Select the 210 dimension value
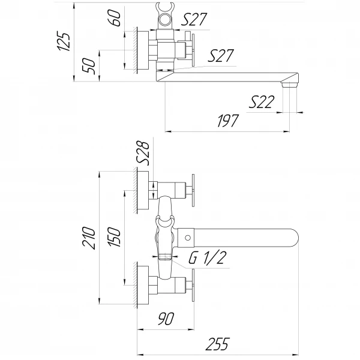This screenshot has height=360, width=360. coord(89,238)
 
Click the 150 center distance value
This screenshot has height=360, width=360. coord(116,238)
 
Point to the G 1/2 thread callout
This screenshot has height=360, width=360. coord(206,259)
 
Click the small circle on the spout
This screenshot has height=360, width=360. coord(187,238)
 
